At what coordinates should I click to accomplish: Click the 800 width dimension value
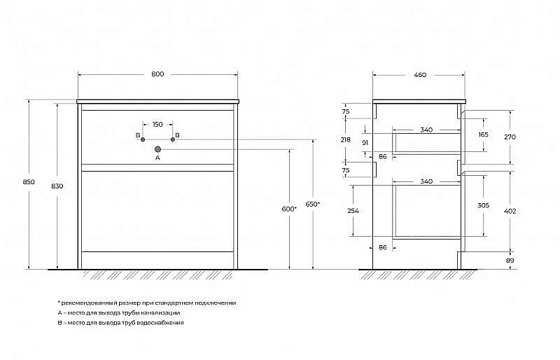[157, 74]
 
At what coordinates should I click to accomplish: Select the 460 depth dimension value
[420, 75]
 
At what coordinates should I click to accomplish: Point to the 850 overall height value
[29, 181]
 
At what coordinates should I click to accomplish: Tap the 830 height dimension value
[57, 186]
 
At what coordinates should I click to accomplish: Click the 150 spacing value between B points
[157, 125]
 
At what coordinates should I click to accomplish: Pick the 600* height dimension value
[289, 209]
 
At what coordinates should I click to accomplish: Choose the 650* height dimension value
[313, 204]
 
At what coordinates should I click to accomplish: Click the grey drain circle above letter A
[157, 149]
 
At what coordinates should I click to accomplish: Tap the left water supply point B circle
[143, 139]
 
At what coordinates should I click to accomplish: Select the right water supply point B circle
[173, 139]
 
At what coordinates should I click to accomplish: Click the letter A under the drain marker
[157, 158]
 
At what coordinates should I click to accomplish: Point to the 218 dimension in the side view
[346, 140]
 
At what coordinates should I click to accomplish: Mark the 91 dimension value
[365, 143]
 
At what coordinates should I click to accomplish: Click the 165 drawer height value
[483, 134]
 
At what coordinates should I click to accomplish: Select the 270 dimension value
[510, 137]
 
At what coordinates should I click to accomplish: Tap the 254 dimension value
[353, 211]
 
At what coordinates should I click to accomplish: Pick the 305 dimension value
[483, 205]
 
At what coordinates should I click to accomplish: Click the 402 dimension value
[510, 211]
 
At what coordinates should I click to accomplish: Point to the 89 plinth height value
[510, 261]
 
